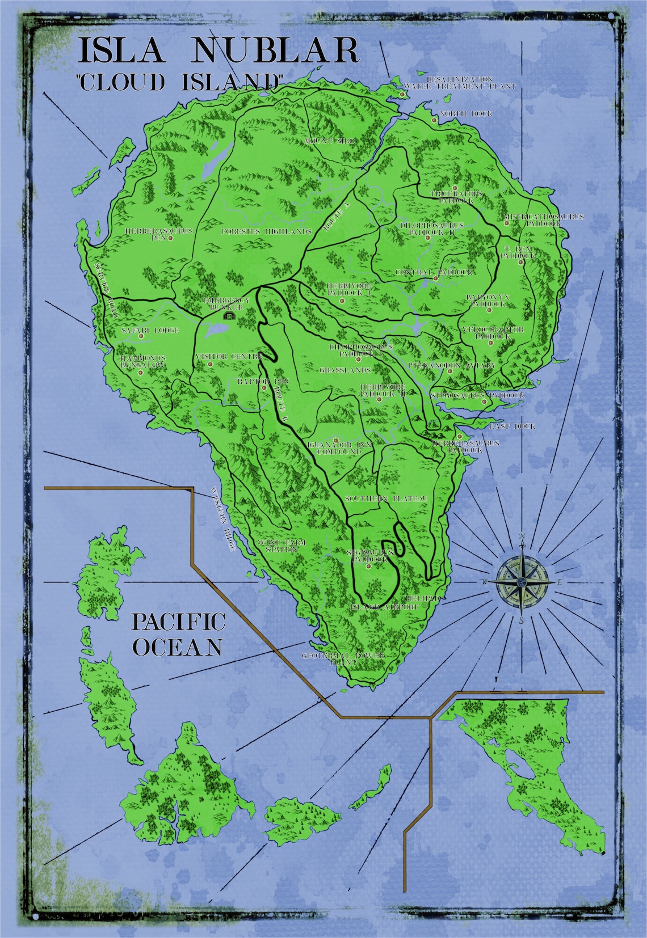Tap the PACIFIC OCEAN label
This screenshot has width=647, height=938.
coord(178,634)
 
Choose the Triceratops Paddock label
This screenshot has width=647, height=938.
coord(457,197)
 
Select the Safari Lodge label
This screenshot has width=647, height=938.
coord(150,330)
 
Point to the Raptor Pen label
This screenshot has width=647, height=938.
coord(263,382)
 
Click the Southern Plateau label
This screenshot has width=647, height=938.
coord(385,498)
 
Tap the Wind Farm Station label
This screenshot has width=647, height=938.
coord(282,546)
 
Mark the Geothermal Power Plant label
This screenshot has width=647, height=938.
coord(343,658)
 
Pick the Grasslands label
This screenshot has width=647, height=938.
coord(345,370)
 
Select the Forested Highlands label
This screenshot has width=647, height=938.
coord(267,231)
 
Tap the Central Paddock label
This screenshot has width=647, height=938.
coord(435,272)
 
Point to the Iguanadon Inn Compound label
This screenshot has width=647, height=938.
coord(339,448)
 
